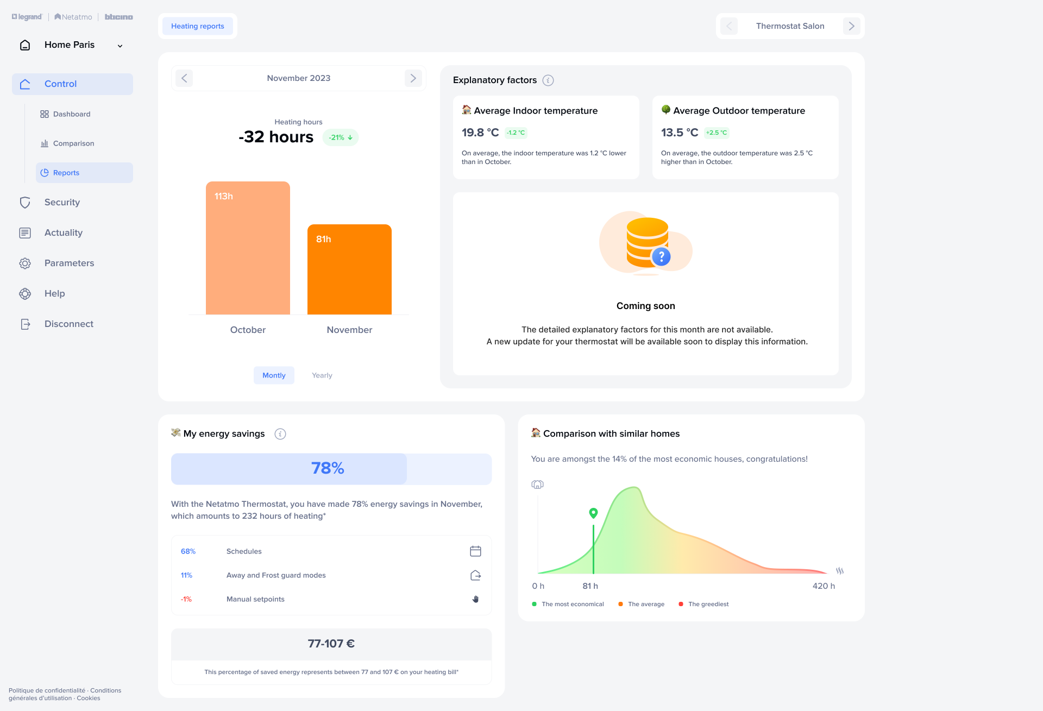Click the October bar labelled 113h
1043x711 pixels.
248,248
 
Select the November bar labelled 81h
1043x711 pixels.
349,269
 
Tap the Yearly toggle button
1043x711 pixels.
322,375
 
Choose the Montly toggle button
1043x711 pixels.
274,375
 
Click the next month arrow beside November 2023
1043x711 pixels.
413,78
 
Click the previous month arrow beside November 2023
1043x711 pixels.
184,78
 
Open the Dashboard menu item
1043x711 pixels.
72,114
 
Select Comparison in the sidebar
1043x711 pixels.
73,143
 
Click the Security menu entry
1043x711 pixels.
62,202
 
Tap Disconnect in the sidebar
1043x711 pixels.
68,324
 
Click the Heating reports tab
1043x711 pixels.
197,26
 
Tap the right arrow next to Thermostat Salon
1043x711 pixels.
851,26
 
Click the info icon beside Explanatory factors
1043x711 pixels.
548,80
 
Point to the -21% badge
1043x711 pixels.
341,137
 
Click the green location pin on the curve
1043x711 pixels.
593,513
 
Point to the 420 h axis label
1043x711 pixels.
824,586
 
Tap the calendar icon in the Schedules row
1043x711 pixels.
475,551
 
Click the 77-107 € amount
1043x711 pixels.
331,644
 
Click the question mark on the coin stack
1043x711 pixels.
661,256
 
